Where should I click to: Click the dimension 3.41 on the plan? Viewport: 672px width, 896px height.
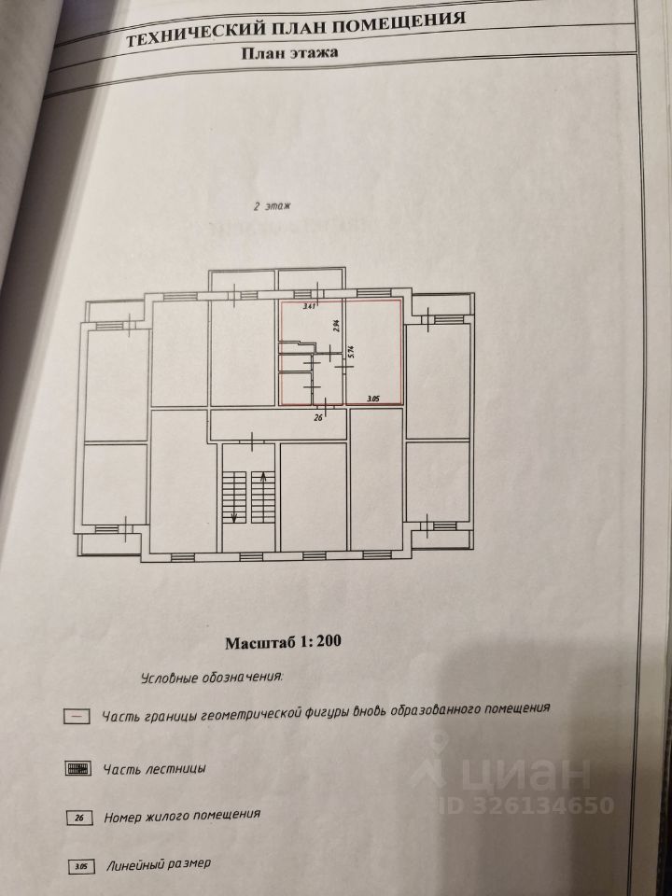[x=309, y=306]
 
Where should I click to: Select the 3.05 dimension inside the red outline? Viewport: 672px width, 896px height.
[x=373, y=399]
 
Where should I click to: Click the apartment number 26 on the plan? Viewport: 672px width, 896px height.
[x=318, y=417]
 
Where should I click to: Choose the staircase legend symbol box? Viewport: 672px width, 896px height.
[x=79, y=769]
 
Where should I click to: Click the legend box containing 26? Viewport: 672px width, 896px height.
[x=81, y=818]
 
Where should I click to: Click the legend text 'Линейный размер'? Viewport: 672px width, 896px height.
[x=161, y=865]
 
